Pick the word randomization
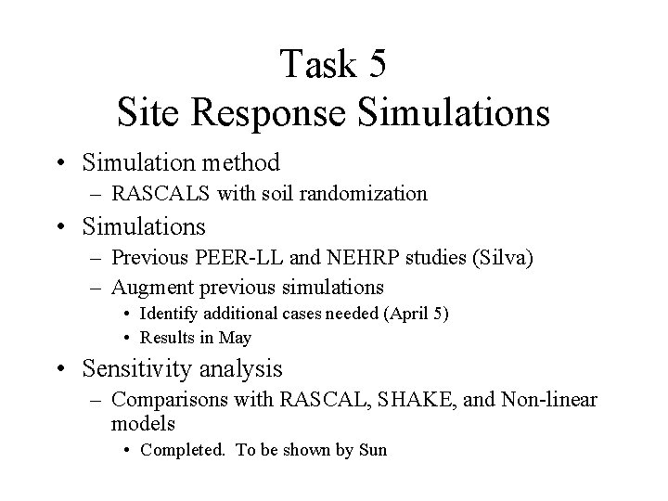pos(375,193)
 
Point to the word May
pos(236,337)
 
